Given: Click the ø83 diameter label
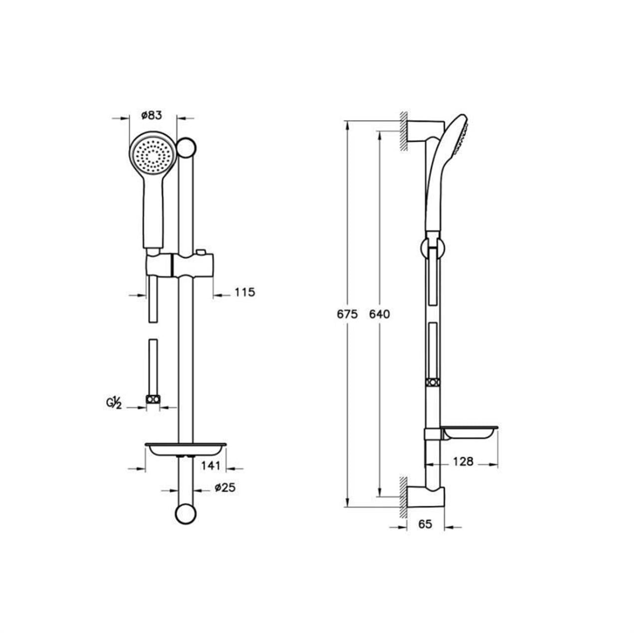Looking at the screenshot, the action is click(152, 116).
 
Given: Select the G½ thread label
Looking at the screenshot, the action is click(114, 404).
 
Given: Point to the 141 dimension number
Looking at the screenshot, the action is click(210, 465).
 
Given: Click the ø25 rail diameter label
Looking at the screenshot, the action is click(225, 496).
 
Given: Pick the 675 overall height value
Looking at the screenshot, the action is click(347, 314).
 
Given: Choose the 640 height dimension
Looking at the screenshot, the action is click(379, 314).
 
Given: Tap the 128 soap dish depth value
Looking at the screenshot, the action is click(463, 462).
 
